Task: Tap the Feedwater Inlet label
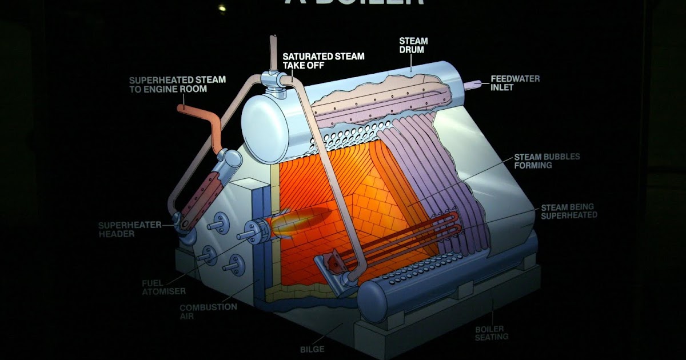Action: coord(514,83)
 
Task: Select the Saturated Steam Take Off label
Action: coord(323,61)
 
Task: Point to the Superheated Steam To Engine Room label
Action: coord(177,84)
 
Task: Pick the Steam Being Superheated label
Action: coord(569,210)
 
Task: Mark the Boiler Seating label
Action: coord(491,333)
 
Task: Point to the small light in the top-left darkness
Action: coord(221,8)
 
